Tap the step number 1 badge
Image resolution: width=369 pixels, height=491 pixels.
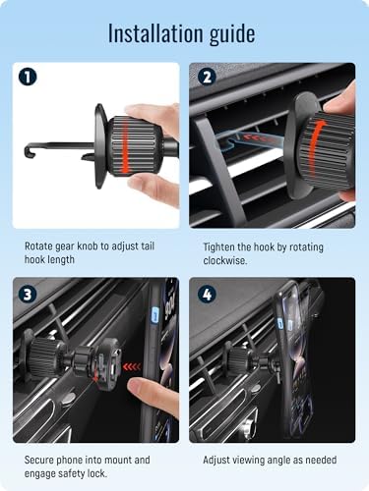[x=28, y=78]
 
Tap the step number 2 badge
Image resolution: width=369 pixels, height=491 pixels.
[x=208, y=78]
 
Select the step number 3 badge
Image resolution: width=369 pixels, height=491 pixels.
[x=28, y=295]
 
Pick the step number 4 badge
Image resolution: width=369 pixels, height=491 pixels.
[x=208, y=295]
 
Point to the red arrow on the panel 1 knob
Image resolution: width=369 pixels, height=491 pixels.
[x=125, y=146]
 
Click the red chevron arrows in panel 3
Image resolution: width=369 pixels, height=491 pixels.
[x=132, y=367]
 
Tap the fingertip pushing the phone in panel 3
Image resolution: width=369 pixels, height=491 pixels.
[x=138, y=389]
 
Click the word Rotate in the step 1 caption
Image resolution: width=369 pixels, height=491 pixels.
[x=38, y=246]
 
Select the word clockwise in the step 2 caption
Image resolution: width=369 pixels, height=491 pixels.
[x=224, y=260]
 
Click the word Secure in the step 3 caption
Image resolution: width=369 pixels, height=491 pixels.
[x=39, y=460]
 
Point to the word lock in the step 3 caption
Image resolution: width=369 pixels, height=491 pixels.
[x=97, y=473]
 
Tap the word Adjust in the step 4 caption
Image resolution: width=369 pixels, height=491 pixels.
[x=216, y=461]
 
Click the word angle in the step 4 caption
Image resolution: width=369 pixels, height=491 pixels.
[x=278, y=461]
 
